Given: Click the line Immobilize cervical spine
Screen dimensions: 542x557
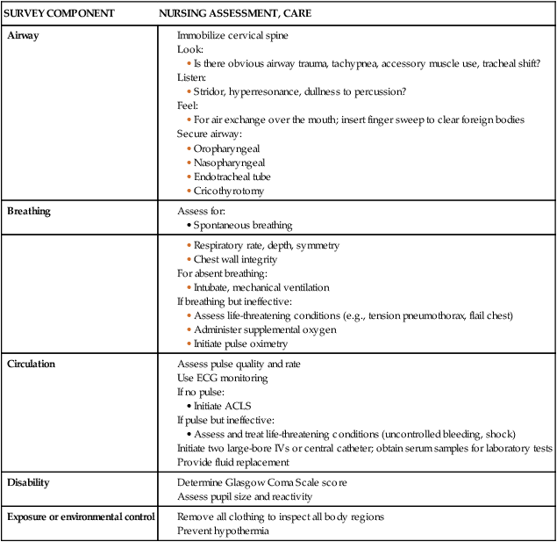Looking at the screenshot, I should pos(232,36).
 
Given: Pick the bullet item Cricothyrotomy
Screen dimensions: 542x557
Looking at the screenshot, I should pos(229,191).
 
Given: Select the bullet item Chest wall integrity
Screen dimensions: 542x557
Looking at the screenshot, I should pos(238,259).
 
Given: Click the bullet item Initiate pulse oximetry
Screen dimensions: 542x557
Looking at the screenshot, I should pos(245,343).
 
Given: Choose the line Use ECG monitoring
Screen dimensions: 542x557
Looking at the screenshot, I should pos(223,378).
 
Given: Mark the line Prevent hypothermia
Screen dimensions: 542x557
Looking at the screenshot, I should pos(221,531).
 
